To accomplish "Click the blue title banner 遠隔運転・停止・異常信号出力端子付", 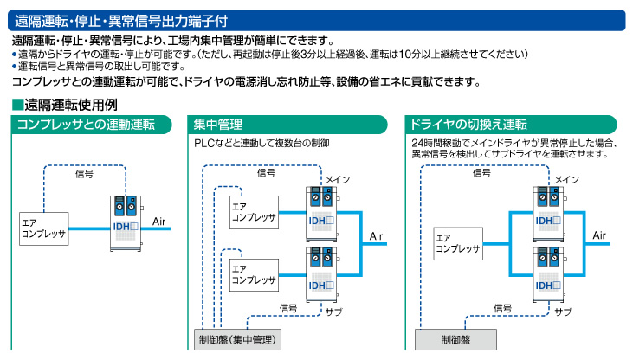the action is (317, 21).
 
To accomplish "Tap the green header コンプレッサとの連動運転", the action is (91, 125).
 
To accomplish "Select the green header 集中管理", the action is (287, 125).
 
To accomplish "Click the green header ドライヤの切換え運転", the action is (511, 125).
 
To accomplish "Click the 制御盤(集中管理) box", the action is (237, 339).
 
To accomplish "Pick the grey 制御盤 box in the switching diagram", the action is (455, 339).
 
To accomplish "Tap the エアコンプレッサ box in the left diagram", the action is (44, 228).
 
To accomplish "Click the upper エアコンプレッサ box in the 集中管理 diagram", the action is (254, 212).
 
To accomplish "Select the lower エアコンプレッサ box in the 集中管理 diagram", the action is (254, 275).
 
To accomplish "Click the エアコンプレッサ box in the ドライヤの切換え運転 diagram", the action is (458, 243).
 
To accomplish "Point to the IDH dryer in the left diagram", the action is (126, 223).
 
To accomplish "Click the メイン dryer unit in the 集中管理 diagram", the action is (322, 214).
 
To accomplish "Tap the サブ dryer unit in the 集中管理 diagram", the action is (322, 275).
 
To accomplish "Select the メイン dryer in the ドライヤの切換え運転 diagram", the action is (549, 214).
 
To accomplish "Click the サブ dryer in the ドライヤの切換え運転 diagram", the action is (549, 275).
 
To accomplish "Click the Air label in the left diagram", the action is (159, 222).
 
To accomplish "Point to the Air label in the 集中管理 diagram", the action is (376, 236).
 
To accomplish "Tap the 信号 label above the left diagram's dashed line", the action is (84, 174).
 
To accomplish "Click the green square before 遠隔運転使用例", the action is (17, 105).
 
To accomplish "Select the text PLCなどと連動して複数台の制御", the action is (262, 144).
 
